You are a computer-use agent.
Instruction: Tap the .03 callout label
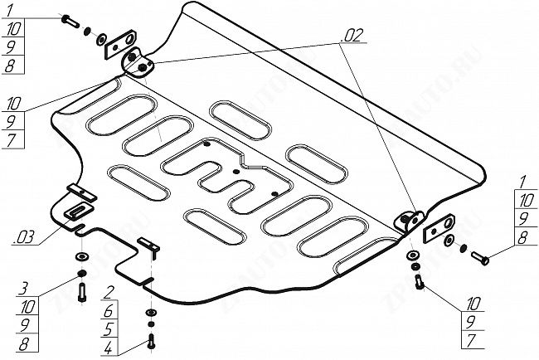click(x=23, y=238)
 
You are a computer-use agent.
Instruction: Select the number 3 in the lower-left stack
click(x=26, y=289)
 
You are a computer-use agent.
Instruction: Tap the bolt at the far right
click(x=478, y=259)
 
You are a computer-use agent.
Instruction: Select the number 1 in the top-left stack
click(x=9, y=11)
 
